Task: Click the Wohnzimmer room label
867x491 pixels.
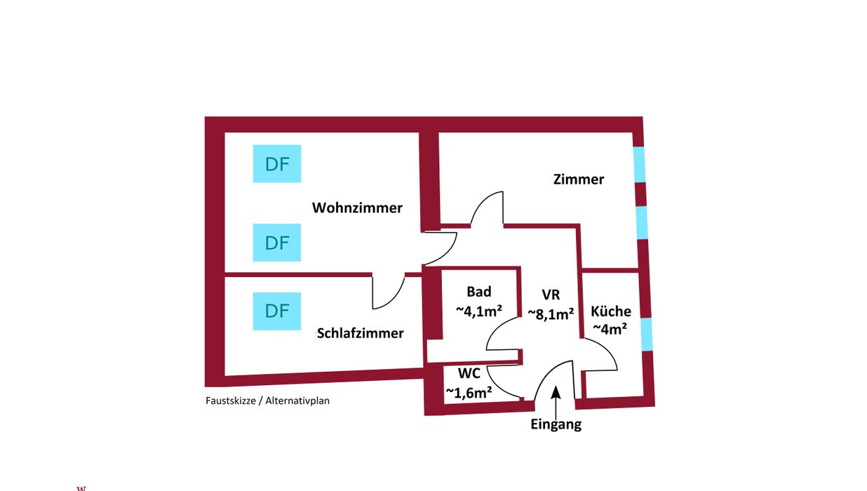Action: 357,208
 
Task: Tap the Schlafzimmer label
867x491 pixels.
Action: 361,333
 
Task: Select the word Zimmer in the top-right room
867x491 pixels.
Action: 579,179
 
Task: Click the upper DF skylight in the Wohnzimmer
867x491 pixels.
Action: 277,163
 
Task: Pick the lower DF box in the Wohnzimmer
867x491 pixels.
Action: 277,243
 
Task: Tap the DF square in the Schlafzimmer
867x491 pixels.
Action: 277,311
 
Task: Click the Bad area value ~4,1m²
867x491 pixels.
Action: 479,311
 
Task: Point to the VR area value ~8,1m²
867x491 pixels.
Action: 551,314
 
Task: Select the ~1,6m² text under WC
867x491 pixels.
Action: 469,392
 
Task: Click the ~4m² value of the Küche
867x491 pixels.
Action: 610,328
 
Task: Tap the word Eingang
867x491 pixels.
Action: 556,424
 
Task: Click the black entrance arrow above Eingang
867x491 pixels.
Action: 556,403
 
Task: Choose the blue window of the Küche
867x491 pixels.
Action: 646,335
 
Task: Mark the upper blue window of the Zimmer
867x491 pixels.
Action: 640,164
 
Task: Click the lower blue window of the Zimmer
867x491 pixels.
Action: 642,222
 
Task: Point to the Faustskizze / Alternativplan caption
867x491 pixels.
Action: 267,401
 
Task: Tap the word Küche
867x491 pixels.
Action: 611,311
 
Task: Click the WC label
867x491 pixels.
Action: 469,373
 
